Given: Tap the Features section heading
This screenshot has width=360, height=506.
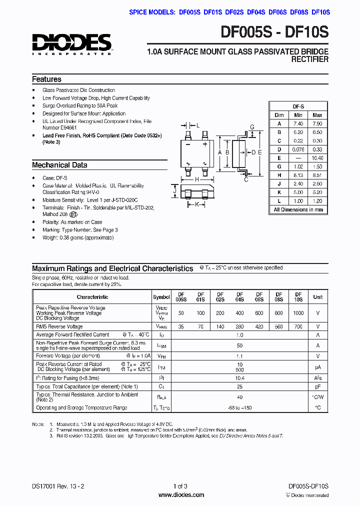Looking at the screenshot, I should pos(46,79).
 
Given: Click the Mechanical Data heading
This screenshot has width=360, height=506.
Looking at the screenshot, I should pos(59,165).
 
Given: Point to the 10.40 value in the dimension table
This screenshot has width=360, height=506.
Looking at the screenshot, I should pos(317,157).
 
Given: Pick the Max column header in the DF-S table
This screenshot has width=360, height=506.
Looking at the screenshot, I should pos(317,115).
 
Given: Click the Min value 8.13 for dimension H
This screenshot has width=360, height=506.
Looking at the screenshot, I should pos(298,175).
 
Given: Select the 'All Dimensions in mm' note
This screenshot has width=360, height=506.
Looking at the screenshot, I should pos(298,209).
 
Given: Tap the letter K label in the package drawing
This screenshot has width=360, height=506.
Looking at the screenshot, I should pos(197,204).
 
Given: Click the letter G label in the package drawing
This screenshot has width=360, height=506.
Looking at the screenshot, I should pos(252,127).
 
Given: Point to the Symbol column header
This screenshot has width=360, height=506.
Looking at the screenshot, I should pos(161,297).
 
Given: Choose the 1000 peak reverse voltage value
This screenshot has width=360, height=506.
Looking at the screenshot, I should pos(298,312).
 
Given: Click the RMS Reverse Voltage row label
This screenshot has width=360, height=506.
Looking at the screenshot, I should pos(59,326).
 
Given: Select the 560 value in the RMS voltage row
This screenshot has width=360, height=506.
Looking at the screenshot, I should pos(278,326).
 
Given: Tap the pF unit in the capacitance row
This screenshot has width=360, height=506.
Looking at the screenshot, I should pos(317,386).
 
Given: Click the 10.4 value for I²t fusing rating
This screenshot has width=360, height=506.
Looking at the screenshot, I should pos(239,378).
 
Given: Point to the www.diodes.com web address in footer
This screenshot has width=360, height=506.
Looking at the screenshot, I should pos(181,495).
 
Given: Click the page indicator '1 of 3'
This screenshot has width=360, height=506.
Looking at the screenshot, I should pos(180,486).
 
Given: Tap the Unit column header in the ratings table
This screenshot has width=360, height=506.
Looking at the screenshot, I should pos(317,297).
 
